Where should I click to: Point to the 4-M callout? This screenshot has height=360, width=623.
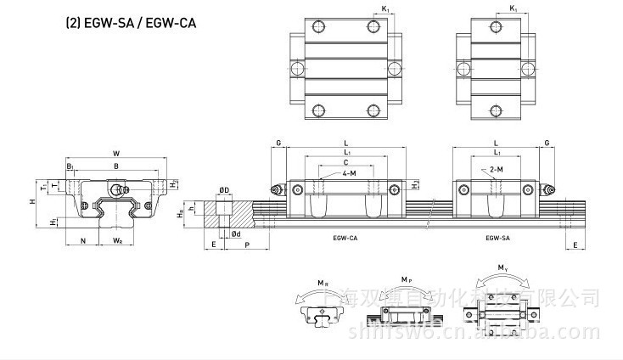point(349,172)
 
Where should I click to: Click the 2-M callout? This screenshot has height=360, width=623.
point(497,170)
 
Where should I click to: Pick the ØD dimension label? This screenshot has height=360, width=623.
point(224,189)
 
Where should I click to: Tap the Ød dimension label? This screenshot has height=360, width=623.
point(235,234)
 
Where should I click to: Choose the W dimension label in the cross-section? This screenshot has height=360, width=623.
point(115,154)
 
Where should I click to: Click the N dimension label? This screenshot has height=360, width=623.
point(82,241)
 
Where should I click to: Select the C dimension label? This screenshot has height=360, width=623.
point(345,161)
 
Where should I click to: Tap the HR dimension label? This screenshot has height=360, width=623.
point(179,215)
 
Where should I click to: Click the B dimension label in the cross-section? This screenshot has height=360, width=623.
point(115,166)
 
